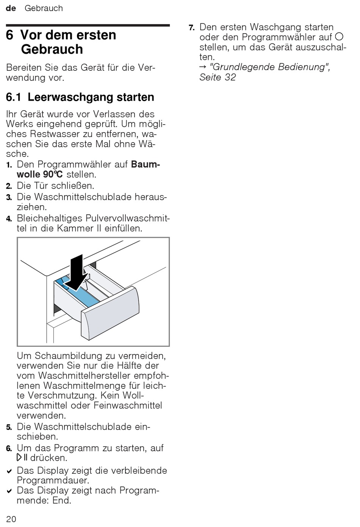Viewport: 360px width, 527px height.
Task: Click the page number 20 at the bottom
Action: coord(11,519)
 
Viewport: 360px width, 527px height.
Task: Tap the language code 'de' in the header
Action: coord(11,8)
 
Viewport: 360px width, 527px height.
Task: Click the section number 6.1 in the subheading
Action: coord(13,97)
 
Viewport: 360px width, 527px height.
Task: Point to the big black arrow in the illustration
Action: coord(77,273)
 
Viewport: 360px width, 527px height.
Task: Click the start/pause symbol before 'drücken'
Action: coord(22,458)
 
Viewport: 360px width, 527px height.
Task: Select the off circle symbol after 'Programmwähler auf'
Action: coord(339,37)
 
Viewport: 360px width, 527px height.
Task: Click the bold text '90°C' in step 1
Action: coord(53,174)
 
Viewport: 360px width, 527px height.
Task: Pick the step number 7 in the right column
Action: coord(191,28)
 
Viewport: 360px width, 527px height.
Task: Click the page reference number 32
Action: coord(230,77)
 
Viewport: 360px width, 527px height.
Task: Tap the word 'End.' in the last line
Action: coord(62,500)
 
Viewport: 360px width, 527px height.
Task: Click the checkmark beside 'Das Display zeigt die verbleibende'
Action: coord(9,471)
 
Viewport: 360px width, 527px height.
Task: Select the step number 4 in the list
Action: coord(9,219)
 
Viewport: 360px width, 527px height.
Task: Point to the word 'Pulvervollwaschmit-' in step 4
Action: coord(127,218)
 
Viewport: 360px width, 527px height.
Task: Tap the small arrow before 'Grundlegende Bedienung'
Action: coord(203,67)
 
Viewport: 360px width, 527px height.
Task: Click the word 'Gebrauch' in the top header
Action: coord(44,8)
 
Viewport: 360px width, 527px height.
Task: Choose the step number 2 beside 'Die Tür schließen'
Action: coord(9,186)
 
